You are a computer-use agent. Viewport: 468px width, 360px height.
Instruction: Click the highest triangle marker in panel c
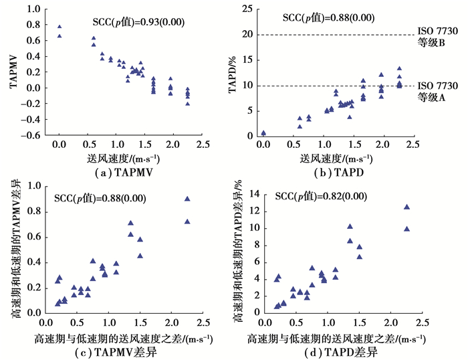(187, 199)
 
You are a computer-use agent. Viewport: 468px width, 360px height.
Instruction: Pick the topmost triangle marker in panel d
(406, 207)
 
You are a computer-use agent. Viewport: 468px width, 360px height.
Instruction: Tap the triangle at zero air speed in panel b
(263, 132)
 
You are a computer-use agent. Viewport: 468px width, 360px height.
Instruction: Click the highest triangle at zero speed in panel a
(60, 27)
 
